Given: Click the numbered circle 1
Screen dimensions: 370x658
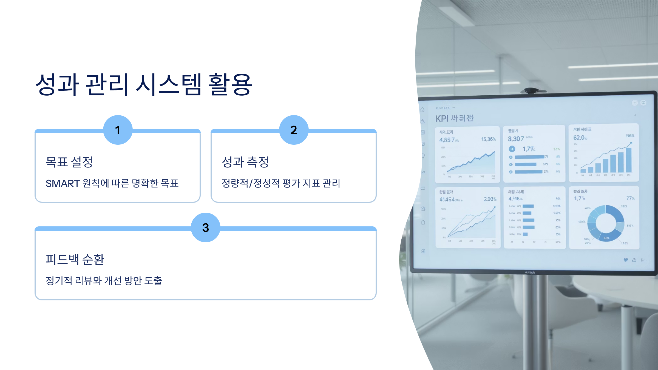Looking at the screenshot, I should tap(118, 130).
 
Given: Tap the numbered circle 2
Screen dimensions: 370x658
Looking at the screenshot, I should tap(294, 130).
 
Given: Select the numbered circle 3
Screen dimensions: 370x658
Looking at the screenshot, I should tap(206, 227).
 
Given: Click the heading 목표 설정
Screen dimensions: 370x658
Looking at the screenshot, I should tap(69, 162).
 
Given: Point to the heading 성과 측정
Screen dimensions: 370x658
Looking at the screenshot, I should tap(245, 162).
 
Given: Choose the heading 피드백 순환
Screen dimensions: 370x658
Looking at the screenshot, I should tap(75, 259).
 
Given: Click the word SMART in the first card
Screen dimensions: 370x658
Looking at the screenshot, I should tap(63, 183).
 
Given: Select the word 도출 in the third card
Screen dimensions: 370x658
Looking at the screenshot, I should tap(153, 281).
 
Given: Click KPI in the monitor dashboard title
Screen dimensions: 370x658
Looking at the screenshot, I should tap(442, 119).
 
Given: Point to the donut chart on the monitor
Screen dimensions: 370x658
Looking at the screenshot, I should tap(606, 223).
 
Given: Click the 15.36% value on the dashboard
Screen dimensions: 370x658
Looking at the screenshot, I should tap(488, 139).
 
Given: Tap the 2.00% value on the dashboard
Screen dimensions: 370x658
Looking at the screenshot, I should tap(490, 199).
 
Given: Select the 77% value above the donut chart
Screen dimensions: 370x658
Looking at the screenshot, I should tap(630, 198).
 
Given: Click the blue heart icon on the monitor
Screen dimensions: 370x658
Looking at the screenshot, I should tap(626, 260).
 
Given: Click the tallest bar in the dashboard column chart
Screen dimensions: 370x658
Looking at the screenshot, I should tap(629, 160).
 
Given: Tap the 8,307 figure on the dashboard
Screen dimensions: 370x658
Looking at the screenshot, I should tap(516, 139).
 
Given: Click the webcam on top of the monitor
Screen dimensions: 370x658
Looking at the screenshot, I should tap(531, 90).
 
